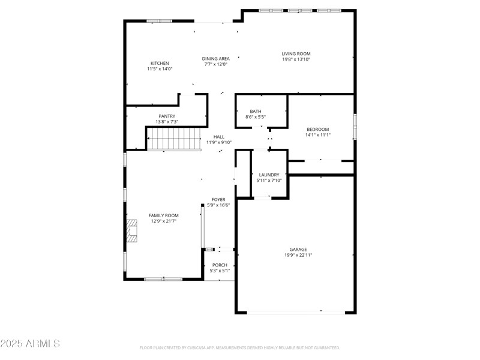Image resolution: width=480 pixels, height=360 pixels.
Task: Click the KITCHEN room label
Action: pyautogui.click(x=160, y=63)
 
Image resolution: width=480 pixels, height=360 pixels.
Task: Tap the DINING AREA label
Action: pyautogui.click(x=216, y=58)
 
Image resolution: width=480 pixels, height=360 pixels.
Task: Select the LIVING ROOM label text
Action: pyautogui.click(x=296, y=53)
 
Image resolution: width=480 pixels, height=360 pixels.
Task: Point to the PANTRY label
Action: pyautogui.click(x=167, y=116)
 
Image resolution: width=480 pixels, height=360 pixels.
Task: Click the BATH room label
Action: pyautogui.click(x=256, y=111)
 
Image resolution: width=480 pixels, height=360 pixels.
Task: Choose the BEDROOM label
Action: pyautogui.click(x=318, y=129)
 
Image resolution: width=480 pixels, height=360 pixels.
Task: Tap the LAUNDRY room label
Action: pyautogui.click(x=269, y=175)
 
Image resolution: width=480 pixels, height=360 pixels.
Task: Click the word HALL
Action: pyautogui.click(x=218, y=137)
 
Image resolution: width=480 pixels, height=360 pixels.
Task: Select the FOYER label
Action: pyautogui.click(x=218, y=199)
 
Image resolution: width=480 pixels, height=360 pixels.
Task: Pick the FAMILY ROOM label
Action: pyautogui.click(x=164, y=215)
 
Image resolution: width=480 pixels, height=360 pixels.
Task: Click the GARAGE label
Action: pyautogui.click(x=298, y=249)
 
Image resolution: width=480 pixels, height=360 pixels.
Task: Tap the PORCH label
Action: pyautogui.click(x=220, y=265)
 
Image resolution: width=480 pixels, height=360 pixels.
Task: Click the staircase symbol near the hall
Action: pyautogui.click(x=174, y=142)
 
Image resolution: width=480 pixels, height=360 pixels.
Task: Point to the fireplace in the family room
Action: pyautogui.click(x=131, y=231)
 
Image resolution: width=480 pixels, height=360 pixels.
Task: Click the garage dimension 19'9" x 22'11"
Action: pyautogui.click(x=298, y=255)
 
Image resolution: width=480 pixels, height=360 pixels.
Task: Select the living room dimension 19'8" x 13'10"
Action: pyautogui.click(x=296, y=59)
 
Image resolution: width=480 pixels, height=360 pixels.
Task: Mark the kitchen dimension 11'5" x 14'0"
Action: pyautogui.click(x=160, y=69)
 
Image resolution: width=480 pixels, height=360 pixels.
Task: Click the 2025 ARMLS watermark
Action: pyautogui.click(x=30, y=344)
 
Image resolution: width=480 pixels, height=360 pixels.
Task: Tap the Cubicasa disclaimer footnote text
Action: pyautogui.click(x=240, y=347)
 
